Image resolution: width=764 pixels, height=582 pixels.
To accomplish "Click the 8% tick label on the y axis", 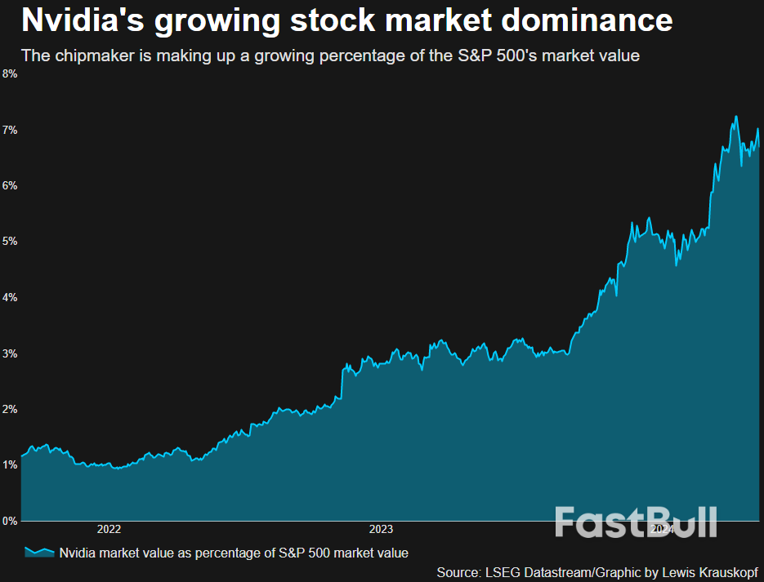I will click(x=9, y=73).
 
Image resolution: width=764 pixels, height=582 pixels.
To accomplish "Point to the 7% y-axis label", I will click(x=9, y=130).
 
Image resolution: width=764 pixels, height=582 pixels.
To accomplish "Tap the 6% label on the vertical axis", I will click(x=9, y=185).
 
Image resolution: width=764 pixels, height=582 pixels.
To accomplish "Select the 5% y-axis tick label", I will click(x=9, y=242).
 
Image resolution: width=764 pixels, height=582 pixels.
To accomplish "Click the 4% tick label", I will click(x=9, y=297).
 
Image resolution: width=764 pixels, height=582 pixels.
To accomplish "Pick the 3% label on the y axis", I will click(x=9, y=353).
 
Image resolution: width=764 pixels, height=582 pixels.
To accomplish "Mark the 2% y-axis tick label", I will click(x=9, y=409).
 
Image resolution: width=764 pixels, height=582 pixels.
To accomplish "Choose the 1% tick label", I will click(x=9, y=464).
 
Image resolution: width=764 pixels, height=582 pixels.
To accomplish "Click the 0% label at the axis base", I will click(x=9, y=520).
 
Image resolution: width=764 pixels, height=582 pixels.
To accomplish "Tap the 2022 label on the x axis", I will click(x=109, y=529).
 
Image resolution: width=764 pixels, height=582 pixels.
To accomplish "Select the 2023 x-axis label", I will click(x=382, y=529).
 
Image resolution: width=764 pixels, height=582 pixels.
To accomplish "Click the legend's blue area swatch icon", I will click(x=38, y=553).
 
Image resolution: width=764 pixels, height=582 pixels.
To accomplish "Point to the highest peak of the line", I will click(x=736, y=116).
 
